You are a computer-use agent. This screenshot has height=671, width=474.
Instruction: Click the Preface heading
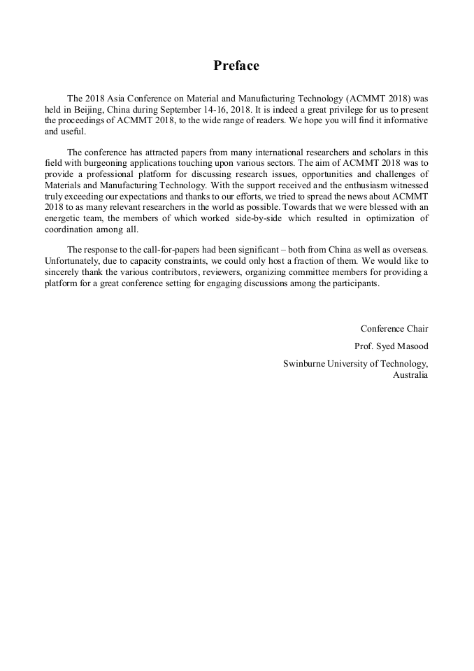click(x=236, y=66)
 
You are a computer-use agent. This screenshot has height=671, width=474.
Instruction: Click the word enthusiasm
click(x=361, y=184)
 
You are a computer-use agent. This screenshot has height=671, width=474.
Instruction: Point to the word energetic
click(x=62, y=218)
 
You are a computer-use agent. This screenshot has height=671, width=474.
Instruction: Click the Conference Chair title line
click(x=394, y=328)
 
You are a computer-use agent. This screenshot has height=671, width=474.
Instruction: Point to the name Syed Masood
click(x=403, y=346)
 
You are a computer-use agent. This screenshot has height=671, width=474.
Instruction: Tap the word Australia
click(x=410, y=374)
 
